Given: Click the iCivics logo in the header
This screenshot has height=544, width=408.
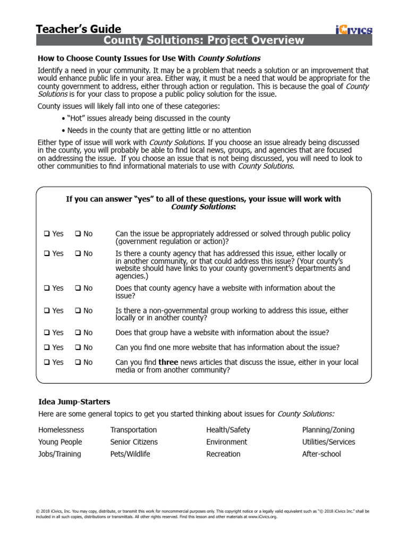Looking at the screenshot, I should point(354,30).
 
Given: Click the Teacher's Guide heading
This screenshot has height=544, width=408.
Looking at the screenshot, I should point(79,29).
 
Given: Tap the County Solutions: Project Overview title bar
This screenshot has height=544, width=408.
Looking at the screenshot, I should point(204,41).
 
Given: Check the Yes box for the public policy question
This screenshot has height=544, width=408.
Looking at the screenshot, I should point(47,234).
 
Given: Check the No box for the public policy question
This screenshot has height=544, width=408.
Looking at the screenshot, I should point(78,234).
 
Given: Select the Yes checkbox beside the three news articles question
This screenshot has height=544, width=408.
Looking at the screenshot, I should point(47,362).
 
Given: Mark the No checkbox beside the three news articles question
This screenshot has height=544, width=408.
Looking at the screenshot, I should point(78,362).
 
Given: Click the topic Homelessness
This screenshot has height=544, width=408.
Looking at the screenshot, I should point(61,430).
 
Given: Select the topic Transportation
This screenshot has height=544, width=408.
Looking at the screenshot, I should point(133,430).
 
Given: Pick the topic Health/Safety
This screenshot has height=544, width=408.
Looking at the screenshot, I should point(228,430).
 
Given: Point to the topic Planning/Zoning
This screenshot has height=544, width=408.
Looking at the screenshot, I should point(328,430).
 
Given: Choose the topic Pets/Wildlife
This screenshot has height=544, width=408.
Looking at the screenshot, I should point(130,454).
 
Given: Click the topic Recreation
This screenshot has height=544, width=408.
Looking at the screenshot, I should point(223,454).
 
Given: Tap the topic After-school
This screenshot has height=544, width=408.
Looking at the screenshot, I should point(321,454).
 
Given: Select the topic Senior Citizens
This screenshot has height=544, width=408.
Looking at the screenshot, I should point(134,442).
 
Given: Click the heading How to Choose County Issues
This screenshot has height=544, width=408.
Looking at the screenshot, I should point(149,58).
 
